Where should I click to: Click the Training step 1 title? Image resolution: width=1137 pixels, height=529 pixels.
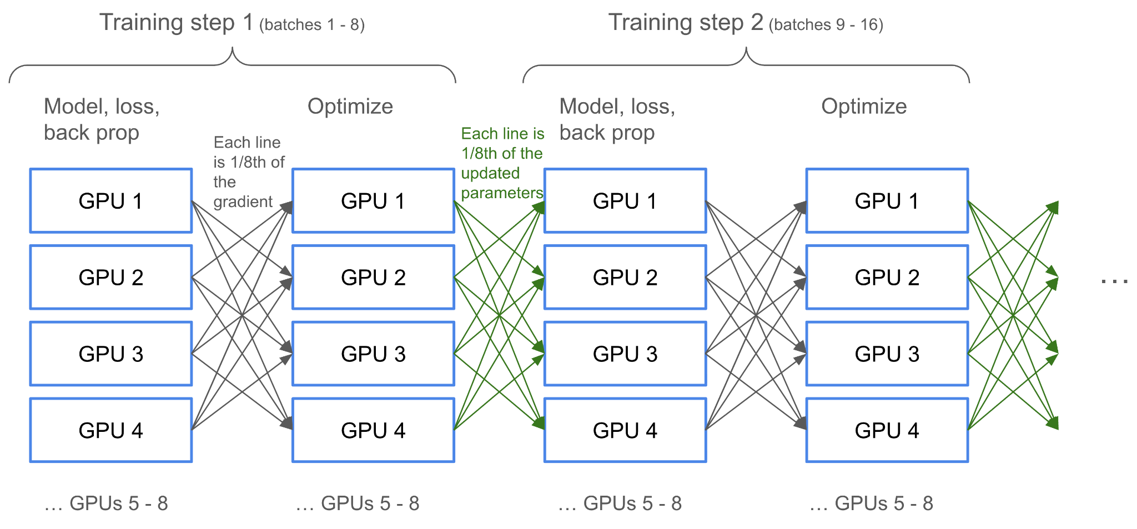[x=177, y=23]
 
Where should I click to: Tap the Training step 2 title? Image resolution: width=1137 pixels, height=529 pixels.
[x=686, y=23]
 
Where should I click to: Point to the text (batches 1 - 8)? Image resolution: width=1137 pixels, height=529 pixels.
[x=312, y=25]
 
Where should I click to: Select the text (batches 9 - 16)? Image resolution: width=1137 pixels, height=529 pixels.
[x=826, y=25]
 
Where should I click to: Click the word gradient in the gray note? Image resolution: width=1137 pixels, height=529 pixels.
[x=243, y=201]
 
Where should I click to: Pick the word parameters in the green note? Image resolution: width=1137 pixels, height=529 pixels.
[x=502, y=193]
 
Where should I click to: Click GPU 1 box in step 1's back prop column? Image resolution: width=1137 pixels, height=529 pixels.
[x=111, y=201]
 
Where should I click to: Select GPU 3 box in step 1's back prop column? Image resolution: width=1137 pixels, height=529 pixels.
[x=111, y=354]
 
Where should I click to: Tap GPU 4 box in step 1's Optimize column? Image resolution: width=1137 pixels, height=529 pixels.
[x=373, y=430]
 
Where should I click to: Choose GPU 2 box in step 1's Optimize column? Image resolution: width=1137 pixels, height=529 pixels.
[x=373, y=277]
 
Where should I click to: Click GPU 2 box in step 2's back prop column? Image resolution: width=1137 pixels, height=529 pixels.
[x=625, y=277]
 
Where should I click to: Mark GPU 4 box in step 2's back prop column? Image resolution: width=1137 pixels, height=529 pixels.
[x=625, y=430]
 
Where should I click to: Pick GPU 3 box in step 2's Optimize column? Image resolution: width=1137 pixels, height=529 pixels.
[x=887, y=354]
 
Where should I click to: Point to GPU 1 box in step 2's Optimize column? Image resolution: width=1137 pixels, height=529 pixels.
[x=887, y=201]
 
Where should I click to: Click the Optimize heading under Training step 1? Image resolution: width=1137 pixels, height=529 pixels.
[x=350, y=106]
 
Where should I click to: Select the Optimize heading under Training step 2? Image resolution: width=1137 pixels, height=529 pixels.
[x=864, y=106]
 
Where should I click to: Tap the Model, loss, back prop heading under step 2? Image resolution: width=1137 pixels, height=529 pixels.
[x=617, y=119]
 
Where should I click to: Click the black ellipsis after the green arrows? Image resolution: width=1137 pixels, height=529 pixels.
[x=1114, y=281]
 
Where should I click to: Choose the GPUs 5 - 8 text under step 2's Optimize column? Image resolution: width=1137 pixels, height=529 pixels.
[x=871, y=503]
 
